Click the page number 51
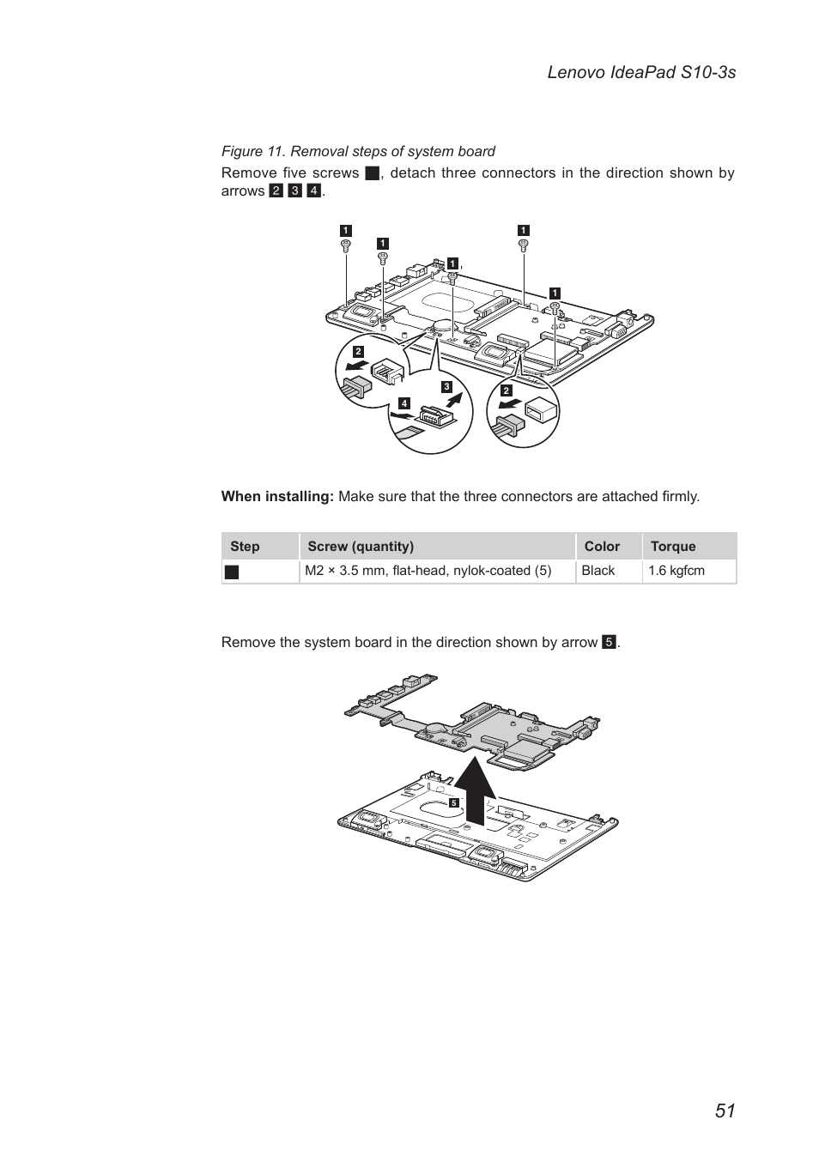724,1110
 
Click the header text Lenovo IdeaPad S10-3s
640,72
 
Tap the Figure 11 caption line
358,151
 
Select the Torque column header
672,547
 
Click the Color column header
602,547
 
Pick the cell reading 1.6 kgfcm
676,571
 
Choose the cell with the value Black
598,571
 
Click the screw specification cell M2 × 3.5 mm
428,571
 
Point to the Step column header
245,547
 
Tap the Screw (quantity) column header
361,547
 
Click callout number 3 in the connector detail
446,387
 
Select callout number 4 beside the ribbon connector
403,403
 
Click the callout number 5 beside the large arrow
454,803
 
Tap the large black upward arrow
475,789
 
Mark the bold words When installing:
276,496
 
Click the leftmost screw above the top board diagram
345,245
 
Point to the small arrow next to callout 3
461,400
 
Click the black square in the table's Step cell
231,572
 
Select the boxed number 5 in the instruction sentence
609,643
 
